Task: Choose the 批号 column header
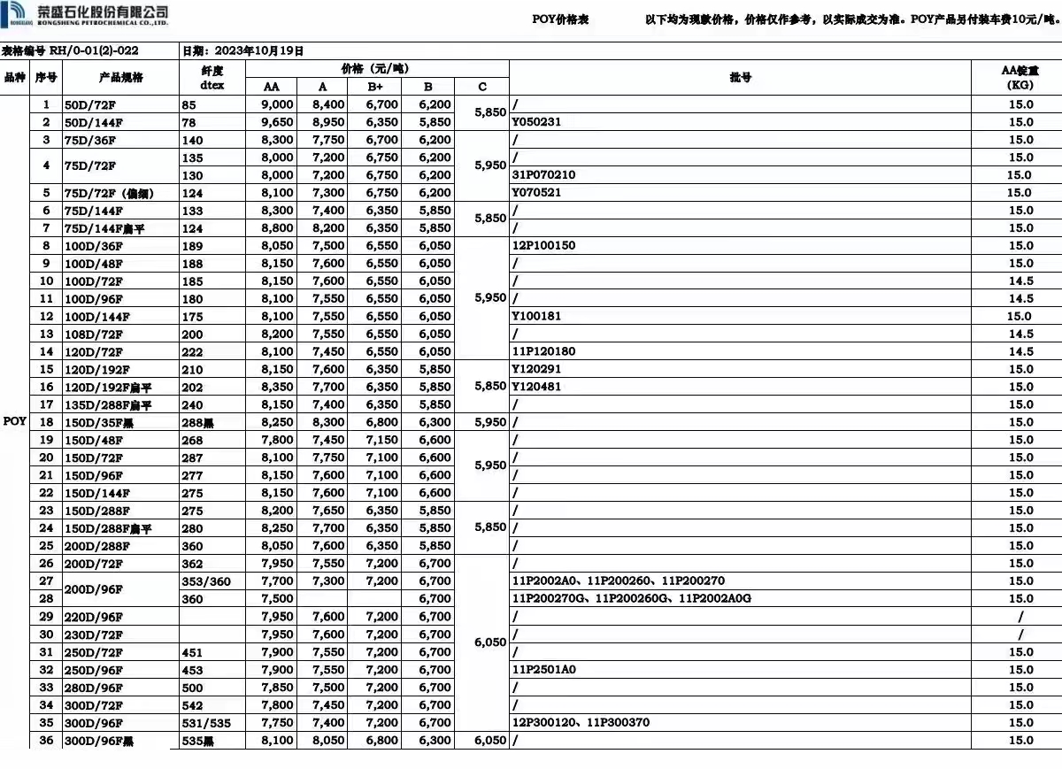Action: (740, 78)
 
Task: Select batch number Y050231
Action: (536, 122)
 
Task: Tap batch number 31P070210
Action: (543, 175)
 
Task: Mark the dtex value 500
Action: (192, 688)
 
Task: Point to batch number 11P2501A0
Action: (543, 670)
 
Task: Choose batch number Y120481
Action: (536, 387)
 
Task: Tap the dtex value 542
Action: (192, 705)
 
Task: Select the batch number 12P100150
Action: (543, 246)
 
